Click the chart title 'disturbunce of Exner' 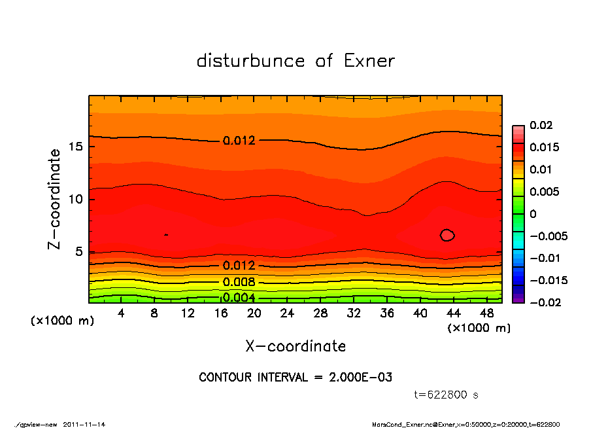coord(295,61)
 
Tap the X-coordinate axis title coord(295,346)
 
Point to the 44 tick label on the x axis coord(454,313)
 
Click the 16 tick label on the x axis coord(221,313)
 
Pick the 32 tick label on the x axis coord(354,313)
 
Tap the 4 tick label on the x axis coord(122,313)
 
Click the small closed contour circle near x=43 coord(447,235)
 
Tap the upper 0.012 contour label coord(239,141)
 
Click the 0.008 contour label coord(239,282)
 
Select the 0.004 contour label coord(239,298)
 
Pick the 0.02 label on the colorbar coord(541,125)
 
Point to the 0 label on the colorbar coord(533,214)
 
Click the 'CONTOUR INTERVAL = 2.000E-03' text coord(295,378)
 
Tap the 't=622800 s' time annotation coord(447,395)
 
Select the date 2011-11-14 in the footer coord(84,424)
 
